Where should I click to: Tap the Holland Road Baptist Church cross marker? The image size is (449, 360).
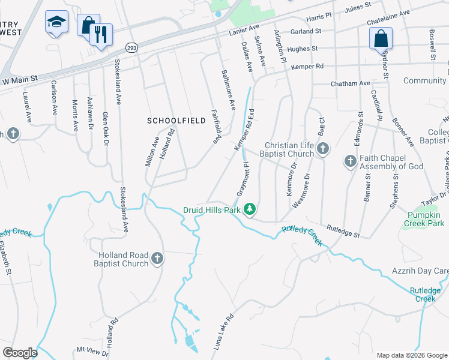pos(157,259)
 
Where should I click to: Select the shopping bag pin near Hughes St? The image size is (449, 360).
pos(381,39)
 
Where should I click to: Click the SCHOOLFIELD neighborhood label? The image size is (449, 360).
pos(172,121)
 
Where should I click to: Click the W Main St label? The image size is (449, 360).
pos(20,79)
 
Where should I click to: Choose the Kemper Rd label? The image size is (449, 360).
pos(307,66)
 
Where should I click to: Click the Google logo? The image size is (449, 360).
pos(20,353)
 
